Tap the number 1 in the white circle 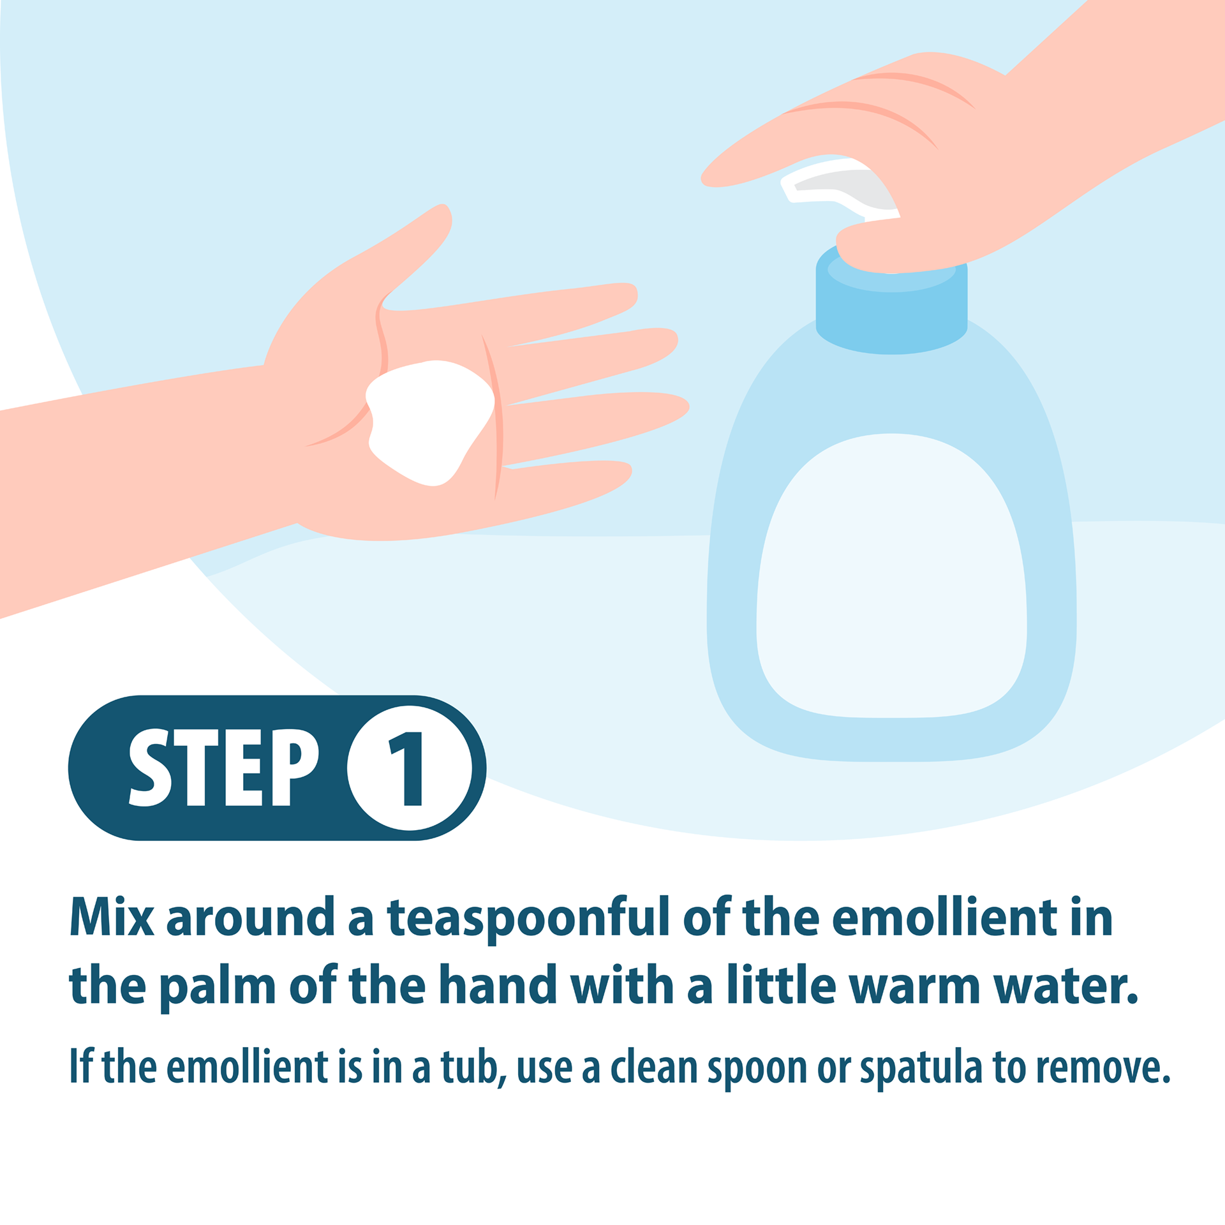pyautogui.click(x=406, y=768)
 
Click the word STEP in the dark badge pyautogui.click(x=223, y=768)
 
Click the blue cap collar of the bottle pyautogui.click(x=891, y=306)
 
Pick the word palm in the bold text pyautogui.click(x=218, y=988)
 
